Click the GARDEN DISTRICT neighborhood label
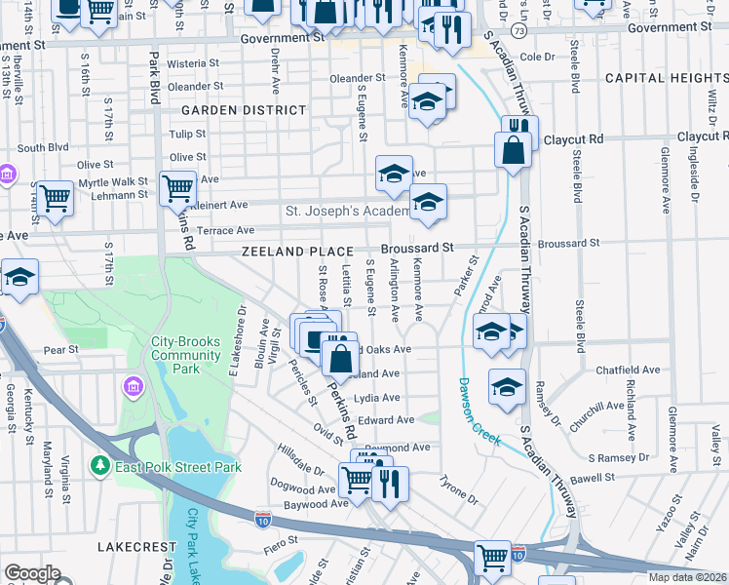243,110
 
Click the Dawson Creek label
478,411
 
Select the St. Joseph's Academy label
346,211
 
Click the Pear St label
60,349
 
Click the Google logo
32,573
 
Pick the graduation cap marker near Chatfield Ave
507,387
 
